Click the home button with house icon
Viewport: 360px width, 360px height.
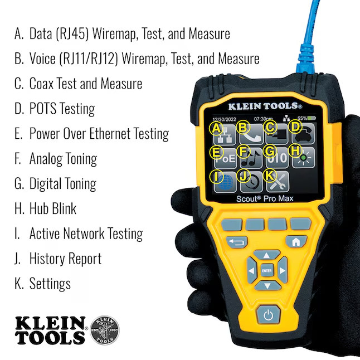(x=296, y=241)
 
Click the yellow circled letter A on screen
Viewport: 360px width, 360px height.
(x=217, y=128)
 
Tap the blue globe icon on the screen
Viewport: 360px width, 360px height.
(x=227, y=182)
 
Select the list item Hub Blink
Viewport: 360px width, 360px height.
(x=52, y=209)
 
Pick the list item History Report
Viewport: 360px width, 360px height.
(x=65, y=259)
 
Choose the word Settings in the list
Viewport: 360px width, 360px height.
(x=50, y=284)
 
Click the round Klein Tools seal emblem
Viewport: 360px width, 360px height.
(x=104, y=329)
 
